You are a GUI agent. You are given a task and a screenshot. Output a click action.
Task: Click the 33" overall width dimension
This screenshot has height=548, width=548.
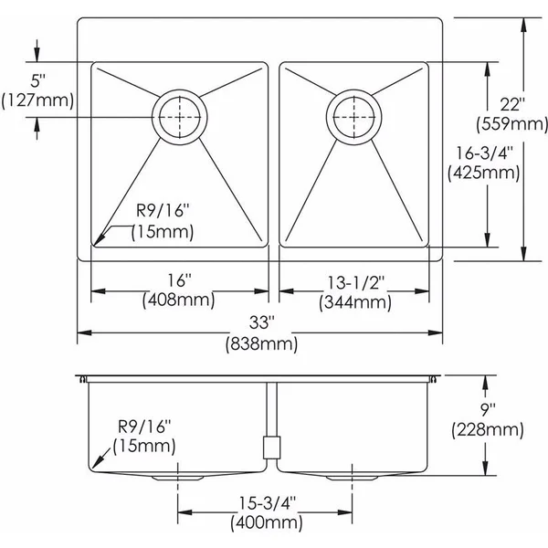click(x=262, y=322)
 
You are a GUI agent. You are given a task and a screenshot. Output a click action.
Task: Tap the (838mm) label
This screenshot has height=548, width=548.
click(x=262, y=344)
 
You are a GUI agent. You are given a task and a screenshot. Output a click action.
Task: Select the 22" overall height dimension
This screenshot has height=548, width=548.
click(x=512, y=104)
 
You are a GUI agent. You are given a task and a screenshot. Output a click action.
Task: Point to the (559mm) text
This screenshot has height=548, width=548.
click(x=512, y=124)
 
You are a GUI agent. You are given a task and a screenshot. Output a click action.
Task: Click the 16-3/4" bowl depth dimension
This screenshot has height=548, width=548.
click(x=484, y=153)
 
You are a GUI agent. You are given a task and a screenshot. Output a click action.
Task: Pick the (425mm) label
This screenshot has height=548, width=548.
click(x=484, y=173)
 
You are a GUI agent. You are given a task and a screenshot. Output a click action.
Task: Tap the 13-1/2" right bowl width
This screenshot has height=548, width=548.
click(x=356, y=283)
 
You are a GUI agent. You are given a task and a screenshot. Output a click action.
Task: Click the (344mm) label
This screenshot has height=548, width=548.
click(x=355, y=302)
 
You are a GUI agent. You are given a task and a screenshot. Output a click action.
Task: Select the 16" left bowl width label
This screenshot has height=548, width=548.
click(x=180, y=280)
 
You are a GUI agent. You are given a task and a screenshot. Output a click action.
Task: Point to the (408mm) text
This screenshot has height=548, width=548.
click(x=179, y=300)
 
